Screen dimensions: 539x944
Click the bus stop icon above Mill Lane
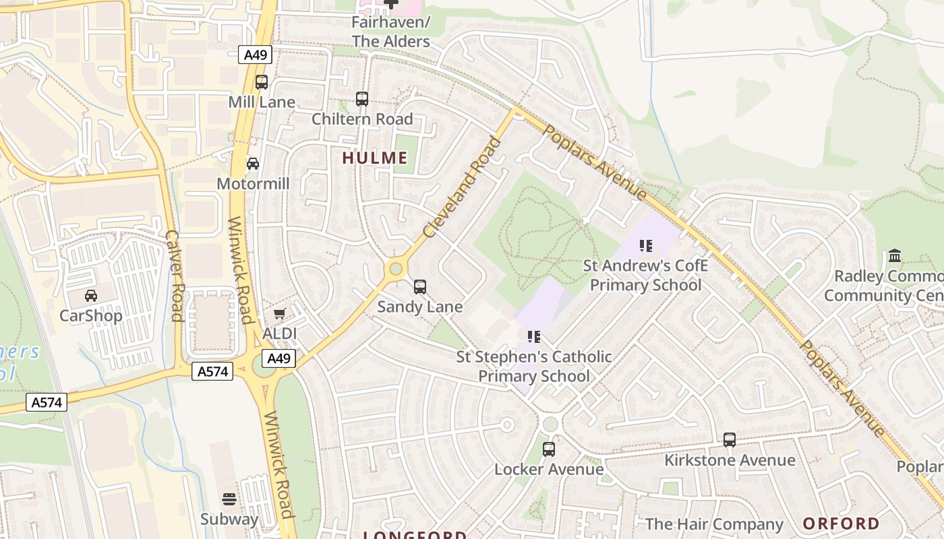pos(262,82)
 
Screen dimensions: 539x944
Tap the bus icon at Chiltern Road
pos(362,99)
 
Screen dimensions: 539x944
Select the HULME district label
pos(375,158)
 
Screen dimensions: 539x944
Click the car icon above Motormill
pos(253,164)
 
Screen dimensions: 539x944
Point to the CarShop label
pos(91,315)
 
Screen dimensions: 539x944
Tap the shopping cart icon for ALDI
pos(280,313)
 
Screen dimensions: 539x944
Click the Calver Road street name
pos(174,276)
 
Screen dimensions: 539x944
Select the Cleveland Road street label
pos(463,187)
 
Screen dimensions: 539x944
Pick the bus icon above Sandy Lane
pos(420,287)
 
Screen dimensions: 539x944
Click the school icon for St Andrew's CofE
pos(646,246)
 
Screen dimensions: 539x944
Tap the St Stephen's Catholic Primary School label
pos(534,366)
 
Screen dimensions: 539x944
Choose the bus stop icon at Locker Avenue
pos(549,449)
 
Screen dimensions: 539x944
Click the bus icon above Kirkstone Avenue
pos(730,440)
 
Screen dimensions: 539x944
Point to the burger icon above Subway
pos(229,499)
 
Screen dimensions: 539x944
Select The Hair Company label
pos(714,524)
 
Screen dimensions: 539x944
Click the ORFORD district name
pos(841,524)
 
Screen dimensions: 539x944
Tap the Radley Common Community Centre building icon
pos(895,256)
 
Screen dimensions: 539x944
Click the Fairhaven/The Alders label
pos(390,32)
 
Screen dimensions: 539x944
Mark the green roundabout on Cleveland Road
pos(396,269)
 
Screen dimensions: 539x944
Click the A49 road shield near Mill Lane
pos(256,55)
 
